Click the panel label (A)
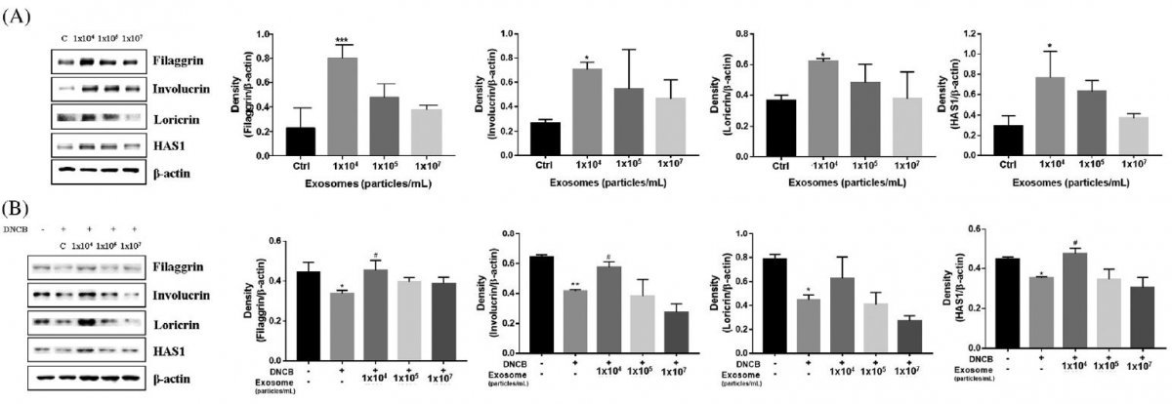coord(18,18)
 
